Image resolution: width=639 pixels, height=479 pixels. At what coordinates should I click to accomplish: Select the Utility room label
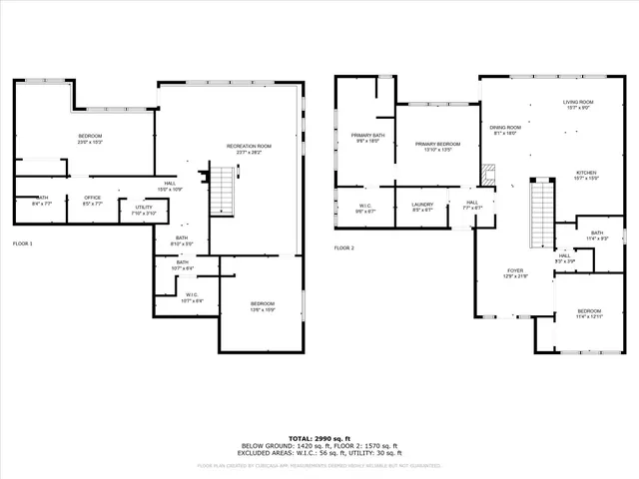[x=144, y=210]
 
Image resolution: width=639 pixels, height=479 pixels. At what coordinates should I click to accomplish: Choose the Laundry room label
[x=422, y=208]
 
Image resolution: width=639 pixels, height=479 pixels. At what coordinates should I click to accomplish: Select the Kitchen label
[x=585, y=175]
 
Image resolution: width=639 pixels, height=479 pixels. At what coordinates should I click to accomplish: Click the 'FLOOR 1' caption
[x=22, y=243]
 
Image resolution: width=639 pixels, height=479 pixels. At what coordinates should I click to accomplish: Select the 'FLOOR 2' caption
[x=344, y=247]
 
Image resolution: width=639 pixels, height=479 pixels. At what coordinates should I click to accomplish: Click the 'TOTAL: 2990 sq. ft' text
[x=319, y=438]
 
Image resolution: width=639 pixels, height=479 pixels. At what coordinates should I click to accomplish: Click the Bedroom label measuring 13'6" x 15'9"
[x=262, y=306]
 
